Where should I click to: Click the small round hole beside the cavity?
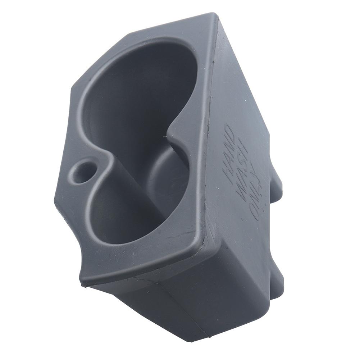[x=82, y=172]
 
